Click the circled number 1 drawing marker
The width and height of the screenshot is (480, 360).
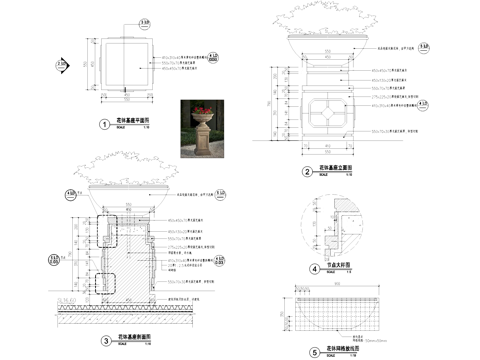(104, 125)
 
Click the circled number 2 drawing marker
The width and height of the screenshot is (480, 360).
(308, 171)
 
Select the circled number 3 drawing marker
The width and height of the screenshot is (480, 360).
(104, 340)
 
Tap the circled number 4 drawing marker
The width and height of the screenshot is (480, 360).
(314, 269)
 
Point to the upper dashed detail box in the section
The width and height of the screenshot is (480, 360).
(107, 231)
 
